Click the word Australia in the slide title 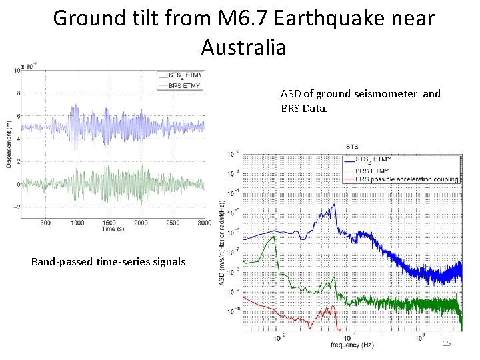click(243, 47)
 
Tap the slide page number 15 click(447, 343)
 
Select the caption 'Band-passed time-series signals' click(108, 261)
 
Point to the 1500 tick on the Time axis click(109, 222)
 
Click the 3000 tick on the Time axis click(204, 222)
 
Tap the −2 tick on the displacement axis click(19, 207)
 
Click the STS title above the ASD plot click(351, 147)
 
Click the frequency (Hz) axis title click(351, 345)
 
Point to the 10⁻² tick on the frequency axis click(280, 337)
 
